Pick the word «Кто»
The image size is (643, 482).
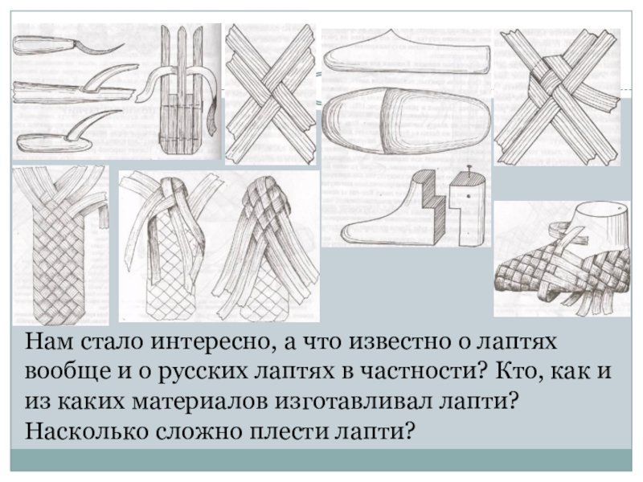pos(517,371)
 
